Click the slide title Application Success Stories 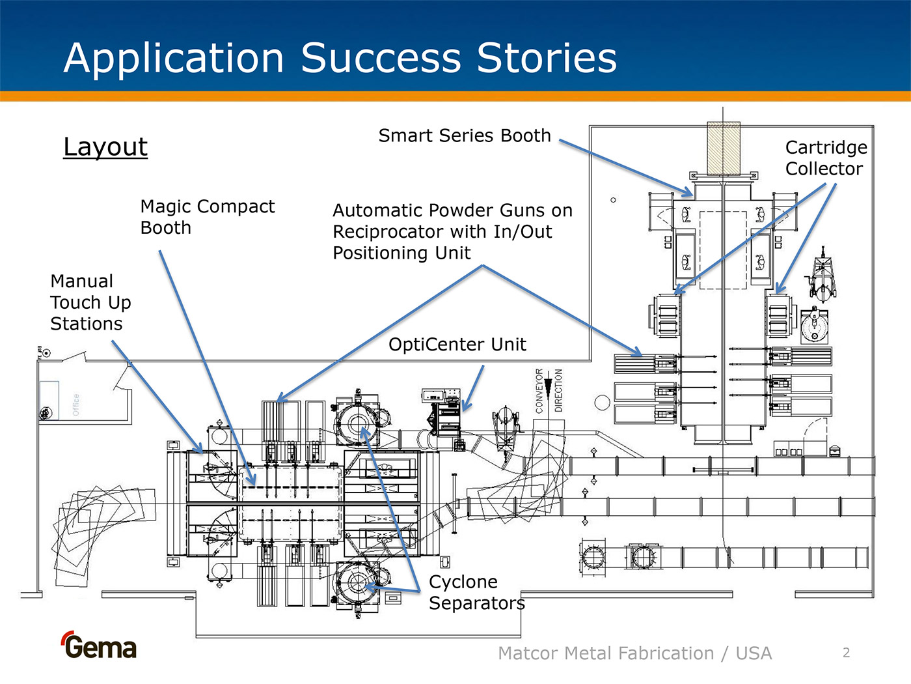point(340,58)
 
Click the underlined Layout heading point(105,147)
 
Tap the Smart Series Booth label point(465,135)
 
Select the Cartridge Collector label point(825,158)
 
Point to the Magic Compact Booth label point(207,217)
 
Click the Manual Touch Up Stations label point(90,302)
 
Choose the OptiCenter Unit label point(457,345)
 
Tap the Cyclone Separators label point(476,592)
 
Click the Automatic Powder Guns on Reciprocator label point(452,231)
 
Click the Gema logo point(99,646)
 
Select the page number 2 point(846,653)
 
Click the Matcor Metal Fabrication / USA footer point(634,653)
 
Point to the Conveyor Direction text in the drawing point(549,390)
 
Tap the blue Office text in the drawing point(76,404)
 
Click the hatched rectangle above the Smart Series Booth point(723,149)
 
